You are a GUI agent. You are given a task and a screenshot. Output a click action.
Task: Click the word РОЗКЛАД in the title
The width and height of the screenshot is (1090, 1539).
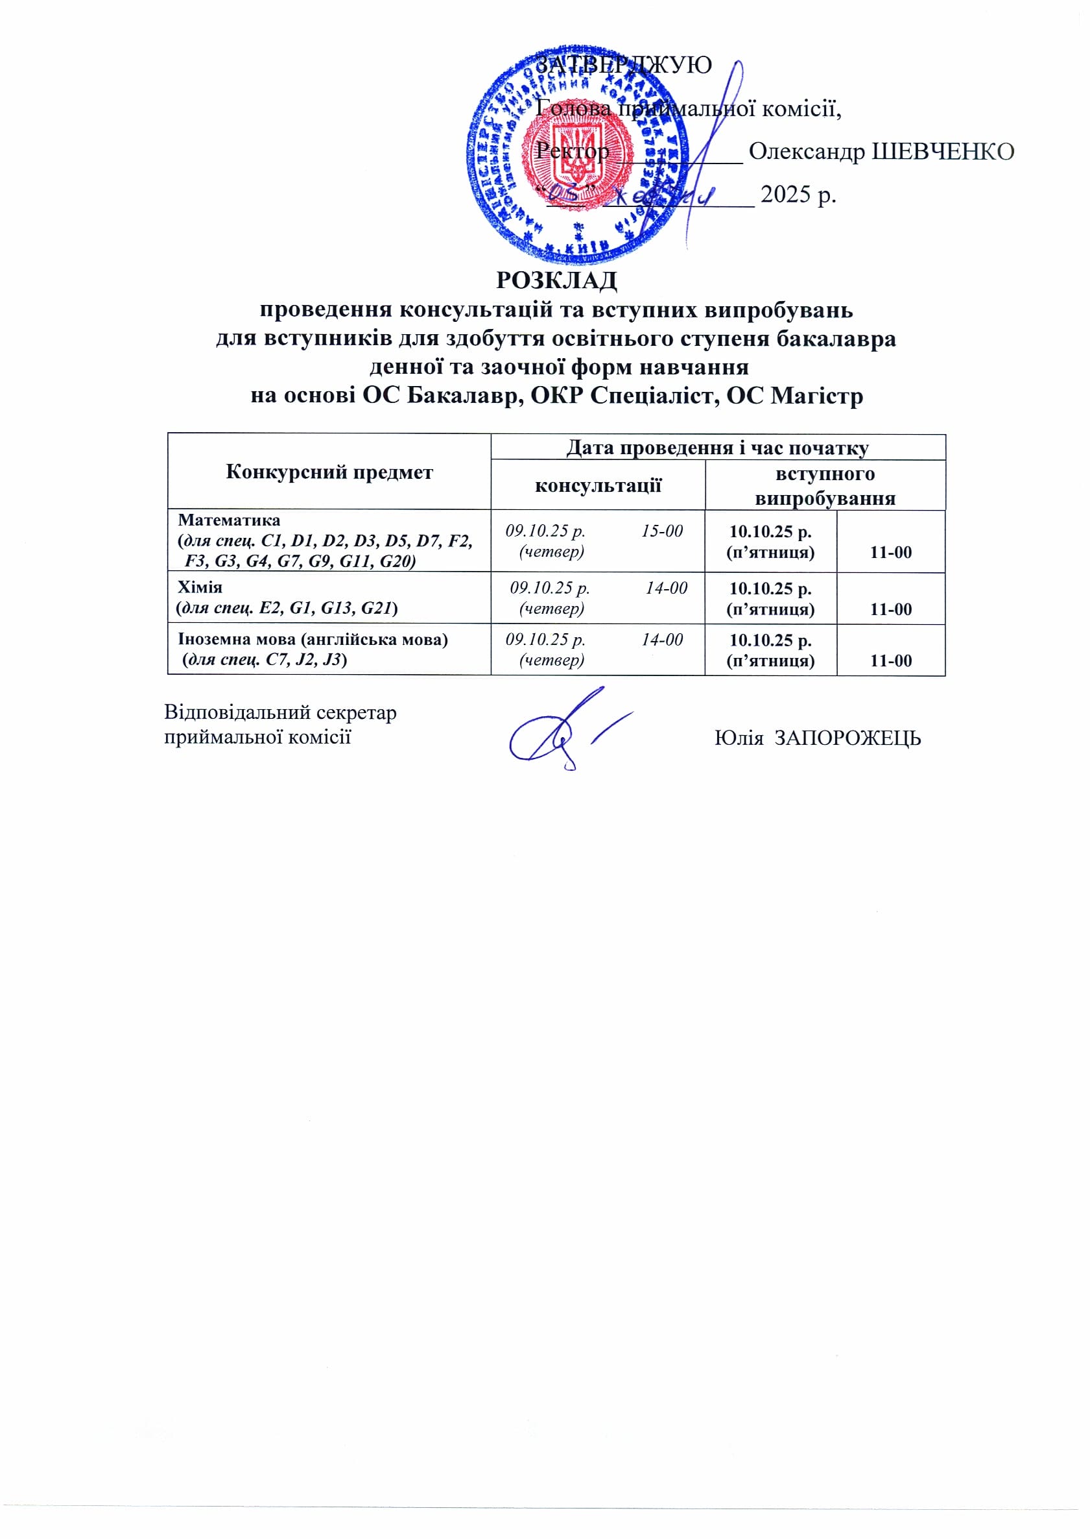pos(556,280)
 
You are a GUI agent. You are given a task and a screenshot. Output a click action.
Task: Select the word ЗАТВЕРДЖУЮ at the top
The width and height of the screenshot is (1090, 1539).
pos(624,65)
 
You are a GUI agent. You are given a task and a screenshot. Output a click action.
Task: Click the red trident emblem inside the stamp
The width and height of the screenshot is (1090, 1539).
pos(576,152)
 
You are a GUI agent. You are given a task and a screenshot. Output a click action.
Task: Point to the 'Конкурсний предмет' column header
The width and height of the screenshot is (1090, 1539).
pos(329,472)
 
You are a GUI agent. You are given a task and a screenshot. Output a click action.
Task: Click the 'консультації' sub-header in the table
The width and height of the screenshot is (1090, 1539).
pos(597,485)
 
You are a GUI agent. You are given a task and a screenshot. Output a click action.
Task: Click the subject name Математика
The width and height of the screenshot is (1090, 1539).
pos(229,520)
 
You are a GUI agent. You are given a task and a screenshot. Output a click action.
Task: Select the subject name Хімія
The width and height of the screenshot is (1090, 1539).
pos(199,588)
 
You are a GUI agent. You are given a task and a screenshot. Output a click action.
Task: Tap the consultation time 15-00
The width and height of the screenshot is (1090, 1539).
pos(662,531)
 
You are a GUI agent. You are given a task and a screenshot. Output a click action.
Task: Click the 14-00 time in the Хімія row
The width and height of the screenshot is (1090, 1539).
pos(667,588)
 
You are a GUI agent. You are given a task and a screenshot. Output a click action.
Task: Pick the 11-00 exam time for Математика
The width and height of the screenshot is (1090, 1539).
pos(891,553)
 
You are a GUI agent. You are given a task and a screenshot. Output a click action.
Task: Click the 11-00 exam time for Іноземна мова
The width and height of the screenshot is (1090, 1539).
pos(891,660)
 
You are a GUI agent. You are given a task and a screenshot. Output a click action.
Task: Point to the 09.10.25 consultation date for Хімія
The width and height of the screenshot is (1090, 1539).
pos(549,588)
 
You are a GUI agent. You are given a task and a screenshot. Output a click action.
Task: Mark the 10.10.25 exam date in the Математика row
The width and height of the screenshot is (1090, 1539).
pos(770,532)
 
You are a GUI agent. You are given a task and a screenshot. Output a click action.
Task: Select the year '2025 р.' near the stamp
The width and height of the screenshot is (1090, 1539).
pos(798,195)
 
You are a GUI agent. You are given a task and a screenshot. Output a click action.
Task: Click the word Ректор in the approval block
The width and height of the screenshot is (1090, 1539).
pos(572,152)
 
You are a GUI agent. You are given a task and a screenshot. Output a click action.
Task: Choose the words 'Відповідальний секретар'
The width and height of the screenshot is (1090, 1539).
pos(281,712)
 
